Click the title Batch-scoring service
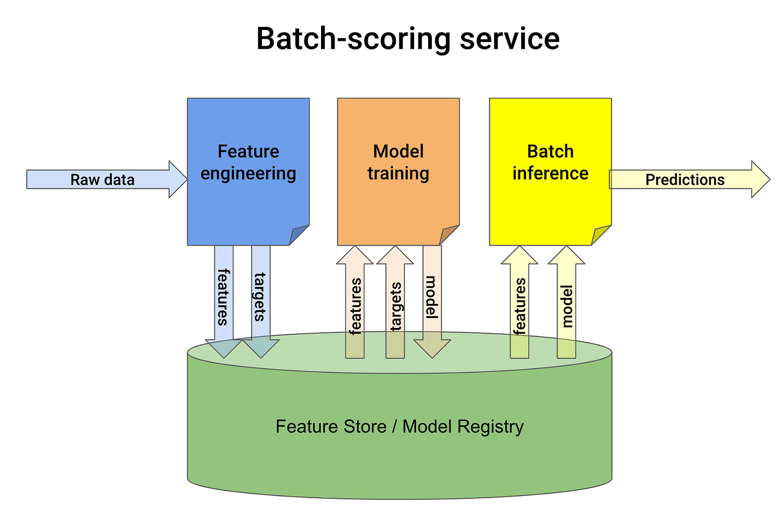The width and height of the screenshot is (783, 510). (x=408, y=39)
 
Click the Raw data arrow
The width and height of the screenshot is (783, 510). (x=102, y=179)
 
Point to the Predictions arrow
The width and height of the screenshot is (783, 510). (x=685, y=179)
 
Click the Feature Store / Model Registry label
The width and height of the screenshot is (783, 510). (x=399, y=427)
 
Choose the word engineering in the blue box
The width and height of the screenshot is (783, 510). (x=248, y=174)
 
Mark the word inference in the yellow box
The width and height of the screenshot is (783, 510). (x=550, y=174)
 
